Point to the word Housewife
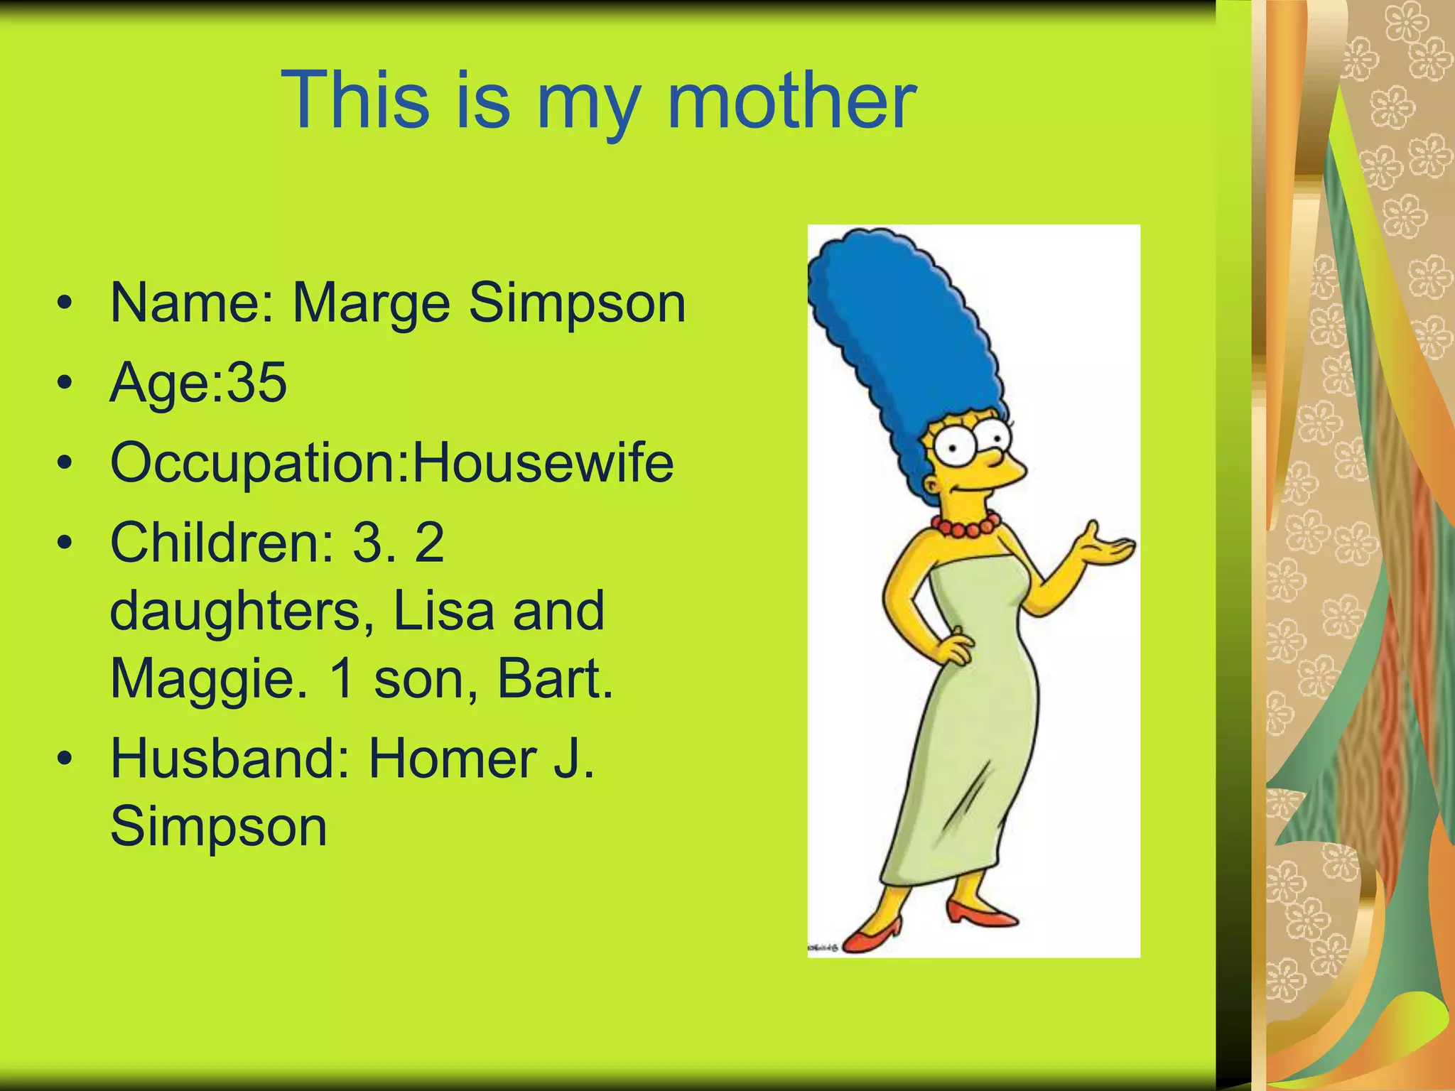[x=543, y=462]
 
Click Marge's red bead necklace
[x=965, y=527]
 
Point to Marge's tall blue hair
[x=902, y=334]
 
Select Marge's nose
[x=1009, y=470]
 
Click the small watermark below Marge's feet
[x=823, y=947]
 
